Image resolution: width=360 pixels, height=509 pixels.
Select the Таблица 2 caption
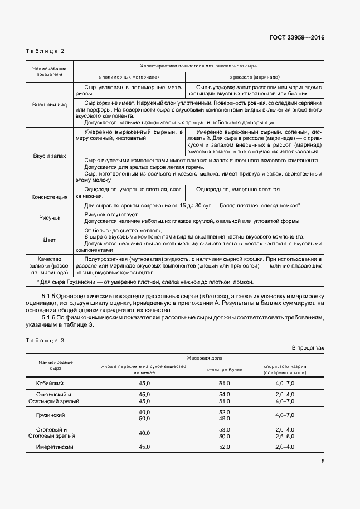pos(45,51)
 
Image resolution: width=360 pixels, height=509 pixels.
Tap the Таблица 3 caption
pos(45,340)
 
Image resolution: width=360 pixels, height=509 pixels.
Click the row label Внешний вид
pos(50,104)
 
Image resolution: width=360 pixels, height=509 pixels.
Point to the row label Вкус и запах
pos(50,157)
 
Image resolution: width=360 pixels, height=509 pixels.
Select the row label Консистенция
pos(50,197)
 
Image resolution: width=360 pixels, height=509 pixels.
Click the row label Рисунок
pos(50,217)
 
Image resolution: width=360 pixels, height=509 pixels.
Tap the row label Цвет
pos(50,240)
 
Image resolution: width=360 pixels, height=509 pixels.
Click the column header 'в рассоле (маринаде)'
pos(254,77)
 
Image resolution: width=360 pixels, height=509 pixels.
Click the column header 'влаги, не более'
pos(225,369)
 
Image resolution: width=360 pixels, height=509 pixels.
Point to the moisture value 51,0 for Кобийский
pos(225,383)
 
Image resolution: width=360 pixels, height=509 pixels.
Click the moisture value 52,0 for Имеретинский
pos(225,447)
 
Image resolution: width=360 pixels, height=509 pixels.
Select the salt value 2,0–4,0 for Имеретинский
pos(284,447)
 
